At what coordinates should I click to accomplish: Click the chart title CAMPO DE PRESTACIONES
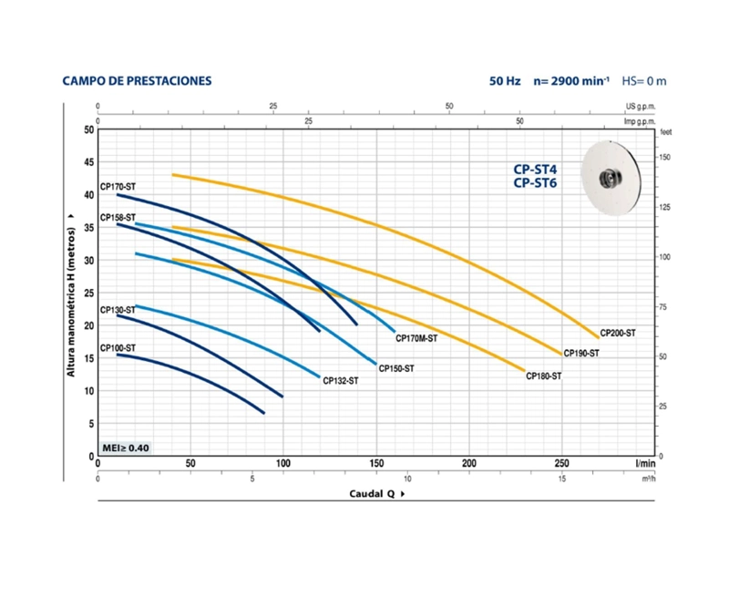click(x=137, y=81)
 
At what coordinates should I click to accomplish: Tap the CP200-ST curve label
click(x=618, y=333)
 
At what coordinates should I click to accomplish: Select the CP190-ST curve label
click(x=581, y=354)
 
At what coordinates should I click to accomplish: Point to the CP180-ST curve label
click(x=543, y=376)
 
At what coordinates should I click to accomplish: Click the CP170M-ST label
click(x=416, y=338)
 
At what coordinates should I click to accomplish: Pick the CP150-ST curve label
click(x=396, y=369)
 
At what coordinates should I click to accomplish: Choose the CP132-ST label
click(x=340, y=381)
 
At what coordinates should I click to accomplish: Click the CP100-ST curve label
click(x=118, y=348)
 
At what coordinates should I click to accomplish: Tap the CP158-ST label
click(x=118, y=218)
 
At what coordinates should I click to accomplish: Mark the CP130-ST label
click(x=118, y=310)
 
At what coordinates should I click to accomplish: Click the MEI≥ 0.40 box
click(x=126, y=448)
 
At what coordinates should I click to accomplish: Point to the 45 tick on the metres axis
click(x=88, y=162)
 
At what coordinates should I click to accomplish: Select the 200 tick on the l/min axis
click(x=469, y=463)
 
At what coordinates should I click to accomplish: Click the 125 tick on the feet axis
click(x=664, y=208)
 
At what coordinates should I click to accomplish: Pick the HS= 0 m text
click(x=644, y=81)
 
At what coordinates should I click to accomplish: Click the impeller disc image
click(x=611, y=178)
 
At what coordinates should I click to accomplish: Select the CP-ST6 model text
click(x=535, y=182)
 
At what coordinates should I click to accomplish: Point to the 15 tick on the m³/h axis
click(x=562, y=479)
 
